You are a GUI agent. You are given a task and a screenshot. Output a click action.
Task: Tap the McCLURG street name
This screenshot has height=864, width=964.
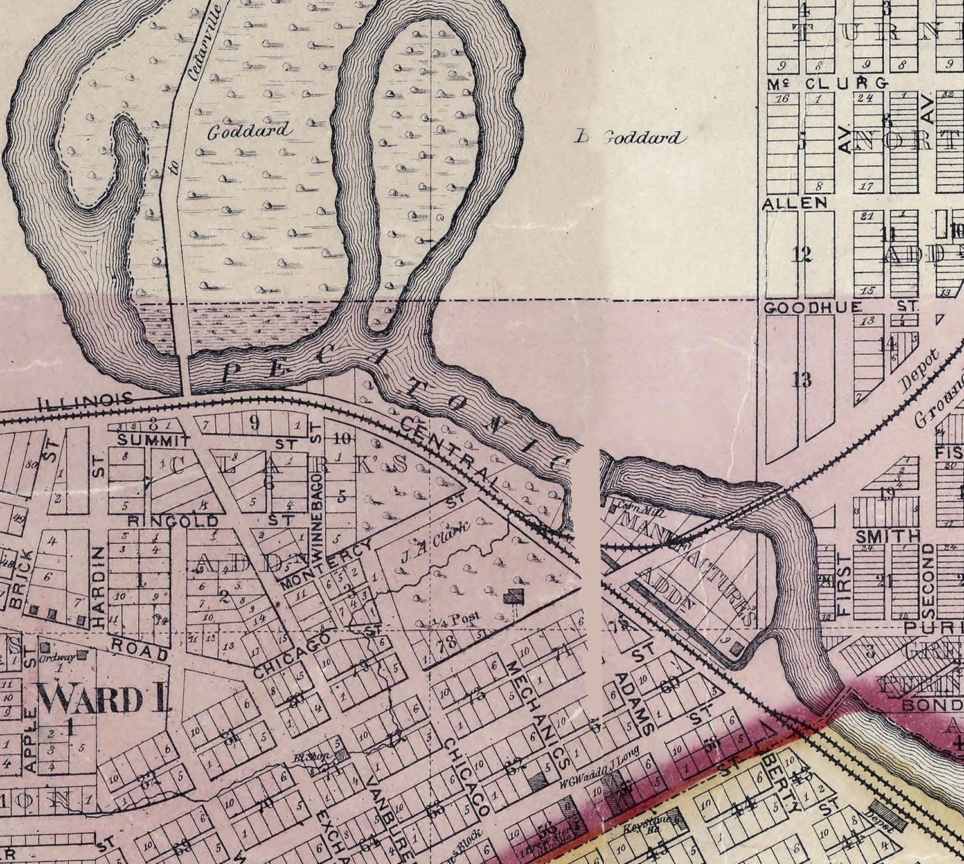point(828,83)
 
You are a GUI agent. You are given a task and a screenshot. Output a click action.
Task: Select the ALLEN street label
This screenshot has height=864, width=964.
point(794,203)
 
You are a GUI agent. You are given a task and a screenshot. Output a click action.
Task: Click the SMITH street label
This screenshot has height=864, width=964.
point(888,535)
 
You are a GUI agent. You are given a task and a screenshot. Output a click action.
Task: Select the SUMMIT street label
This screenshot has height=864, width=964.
point(154,440)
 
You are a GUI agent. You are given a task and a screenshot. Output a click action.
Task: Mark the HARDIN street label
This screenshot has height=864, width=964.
point(98,586)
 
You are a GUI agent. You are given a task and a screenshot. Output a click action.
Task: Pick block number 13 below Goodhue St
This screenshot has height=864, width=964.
point(801,379)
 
